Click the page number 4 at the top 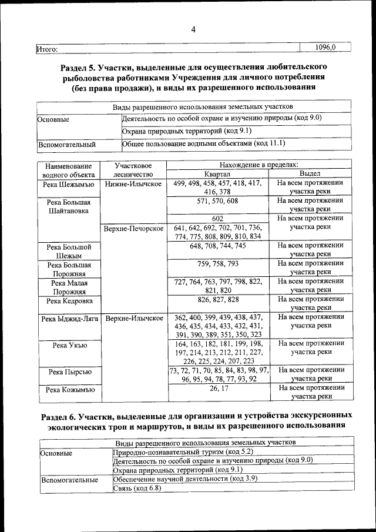pyautogui.click(x=193, y=31)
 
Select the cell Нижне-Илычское pyautogui.click(x=133, y=184)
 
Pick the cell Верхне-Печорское pyautogui.click(x=133, y=228)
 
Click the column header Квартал pyautogui.click(x=217, y=175)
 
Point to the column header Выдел pyautogui.click(x=310, y=175)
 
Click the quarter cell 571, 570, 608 pyautogui.click(x=217, y=201)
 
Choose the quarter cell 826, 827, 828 pyautogui.click(x=217, y=299)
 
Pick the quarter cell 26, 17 pyautogui.click(x=217, y=388)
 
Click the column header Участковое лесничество pyautogui.click(x=133, y=170)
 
